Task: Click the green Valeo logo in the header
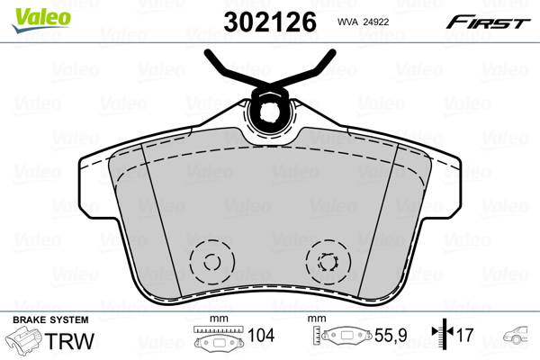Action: point(31,13)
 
